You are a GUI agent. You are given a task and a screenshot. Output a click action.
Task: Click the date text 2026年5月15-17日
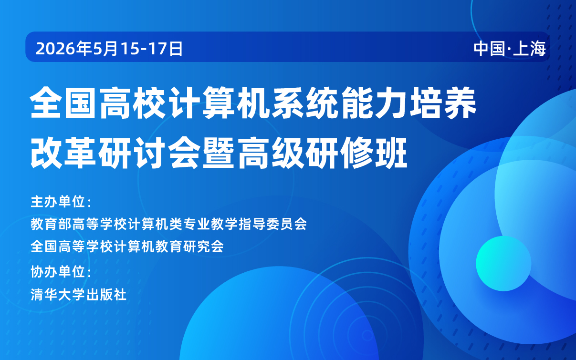109,48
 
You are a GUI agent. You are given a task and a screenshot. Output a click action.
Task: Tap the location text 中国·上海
510,48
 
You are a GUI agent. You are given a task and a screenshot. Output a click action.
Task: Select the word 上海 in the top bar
529,48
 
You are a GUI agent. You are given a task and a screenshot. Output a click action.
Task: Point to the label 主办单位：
61,201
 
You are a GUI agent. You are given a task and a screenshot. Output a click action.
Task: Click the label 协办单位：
61,271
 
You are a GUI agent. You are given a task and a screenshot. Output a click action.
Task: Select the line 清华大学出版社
79,295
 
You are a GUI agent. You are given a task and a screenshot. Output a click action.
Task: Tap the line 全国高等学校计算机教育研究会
127,247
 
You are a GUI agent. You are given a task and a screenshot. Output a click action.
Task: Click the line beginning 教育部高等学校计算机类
169,224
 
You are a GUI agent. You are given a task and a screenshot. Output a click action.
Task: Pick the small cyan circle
503,263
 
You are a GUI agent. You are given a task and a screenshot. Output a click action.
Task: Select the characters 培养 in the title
443,103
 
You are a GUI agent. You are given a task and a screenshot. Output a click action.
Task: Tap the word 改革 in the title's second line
64,153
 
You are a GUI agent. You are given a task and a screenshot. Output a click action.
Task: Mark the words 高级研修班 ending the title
322,153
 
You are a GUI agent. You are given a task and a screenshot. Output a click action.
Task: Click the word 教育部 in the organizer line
51,224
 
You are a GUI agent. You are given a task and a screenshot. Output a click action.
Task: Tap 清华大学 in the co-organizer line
58,295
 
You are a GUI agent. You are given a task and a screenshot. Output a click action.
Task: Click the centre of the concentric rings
367,335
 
